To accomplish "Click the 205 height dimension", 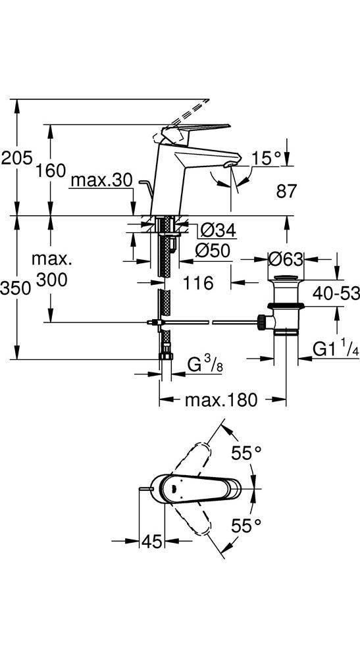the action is click(x=16, y=159).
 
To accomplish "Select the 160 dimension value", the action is click(x=51, y=170).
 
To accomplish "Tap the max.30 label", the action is click(x=101, y=180).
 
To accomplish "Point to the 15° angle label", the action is click(x=266, y=158).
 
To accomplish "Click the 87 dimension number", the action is click(x=286, y=191).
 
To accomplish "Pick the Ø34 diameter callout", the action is click(x=218, y=230).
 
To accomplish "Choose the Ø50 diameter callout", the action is click(x=213, y=251).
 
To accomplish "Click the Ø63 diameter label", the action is click(x=286, y=259).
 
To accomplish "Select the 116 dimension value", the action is click(x=198, y=283).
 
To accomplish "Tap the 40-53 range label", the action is click(x=336, y=293).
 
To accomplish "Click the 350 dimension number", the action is click(x=16, y=288).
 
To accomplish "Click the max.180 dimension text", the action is click(x=221, y=400).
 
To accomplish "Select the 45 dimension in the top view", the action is click(x=151, y=542).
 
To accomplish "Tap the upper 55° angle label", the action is click(x=247, y=453).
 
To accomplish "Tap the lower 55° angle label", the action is click(x=247, y=525).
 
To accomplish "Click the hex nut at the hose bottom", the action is click(x=166, y=356).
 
